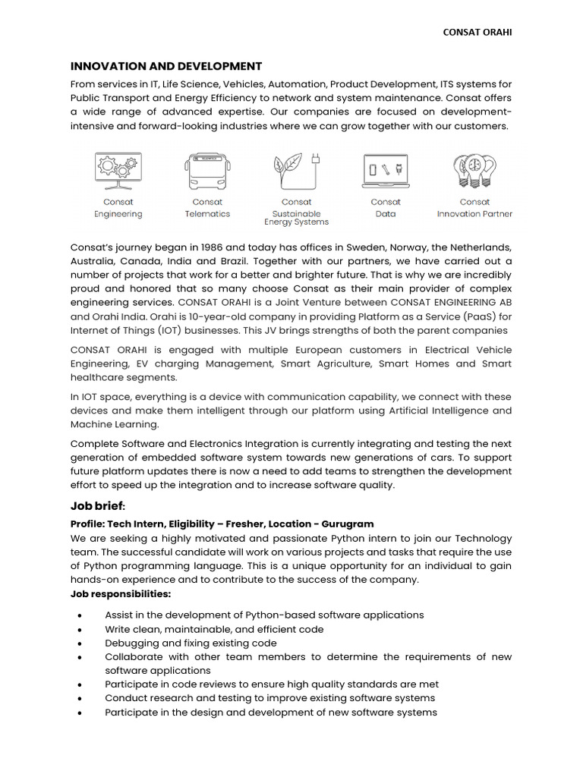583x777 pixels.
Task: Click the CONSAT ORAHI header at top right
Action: click(477, 32)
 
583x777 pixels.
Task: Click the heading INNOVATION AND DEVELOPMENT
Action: click(166, 67)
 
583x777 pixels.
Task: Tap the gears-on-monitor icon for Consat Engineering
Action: click(118, 171)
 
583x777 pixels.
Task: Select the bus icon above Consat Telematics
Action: click(207, 171)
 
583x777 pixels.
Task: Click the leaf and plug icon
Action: click(296, 171)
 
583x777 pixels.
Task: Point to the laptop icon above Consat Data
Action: click(386, 171)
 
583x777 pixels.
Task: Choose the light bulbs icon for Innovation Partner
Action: click(474, 171)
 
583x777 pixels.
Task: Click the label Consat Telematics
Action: click(207, 208)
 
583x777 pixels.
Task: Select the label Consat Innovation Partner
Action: click(474, 208)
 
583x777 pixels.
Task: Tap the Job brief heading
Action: click(97, 506)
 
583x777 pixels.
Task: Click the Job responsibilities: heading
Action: click(121, 593)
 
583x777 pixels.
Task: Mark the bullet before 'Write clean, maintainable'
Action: click(80, 630)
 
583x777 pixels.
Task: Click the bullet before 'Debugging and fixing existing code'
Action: click(80, 643)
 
